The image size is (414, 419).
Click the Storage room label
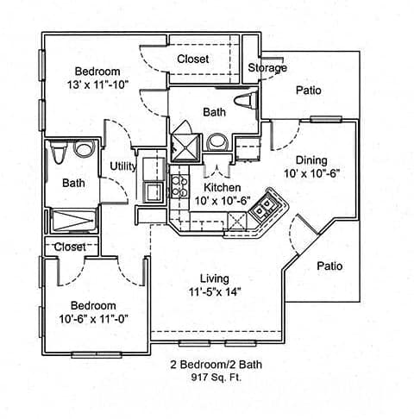pos(267,68)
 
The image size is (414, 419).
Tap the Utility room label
pos(123,166)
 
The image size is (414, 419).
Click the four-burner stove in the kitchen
pos(179,186)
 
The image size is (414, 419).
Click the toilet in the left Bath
pos(59,152)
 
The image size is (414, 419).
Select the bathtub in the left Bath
pos(73,221)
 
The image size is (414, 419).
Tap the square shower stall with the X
pos(185,147)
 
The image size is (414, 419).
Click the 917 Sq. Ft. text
pos(216,377)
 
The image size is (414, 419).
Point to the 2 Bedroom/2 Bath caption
pos(216,365)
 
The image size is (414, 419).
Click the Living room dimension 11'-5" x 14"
pos(215,292)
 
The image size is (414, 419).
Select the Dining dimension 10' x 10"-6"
pos(312,173)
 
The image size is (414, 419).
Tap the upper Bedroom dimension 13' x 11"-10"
pos(97,84)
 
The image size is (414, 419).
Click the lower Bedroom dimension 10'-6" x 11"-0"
pos(93,319)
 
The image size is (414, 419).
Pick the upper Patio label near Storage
pos(309,91)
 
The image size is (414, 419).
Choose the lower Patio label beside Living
pos(329,266)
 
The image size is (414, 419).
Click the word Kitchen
pos(223,187)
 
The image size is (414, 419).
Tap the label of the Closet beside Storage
pos(192,59)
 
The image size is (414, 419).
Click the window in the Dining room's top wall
pos(326,119)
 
